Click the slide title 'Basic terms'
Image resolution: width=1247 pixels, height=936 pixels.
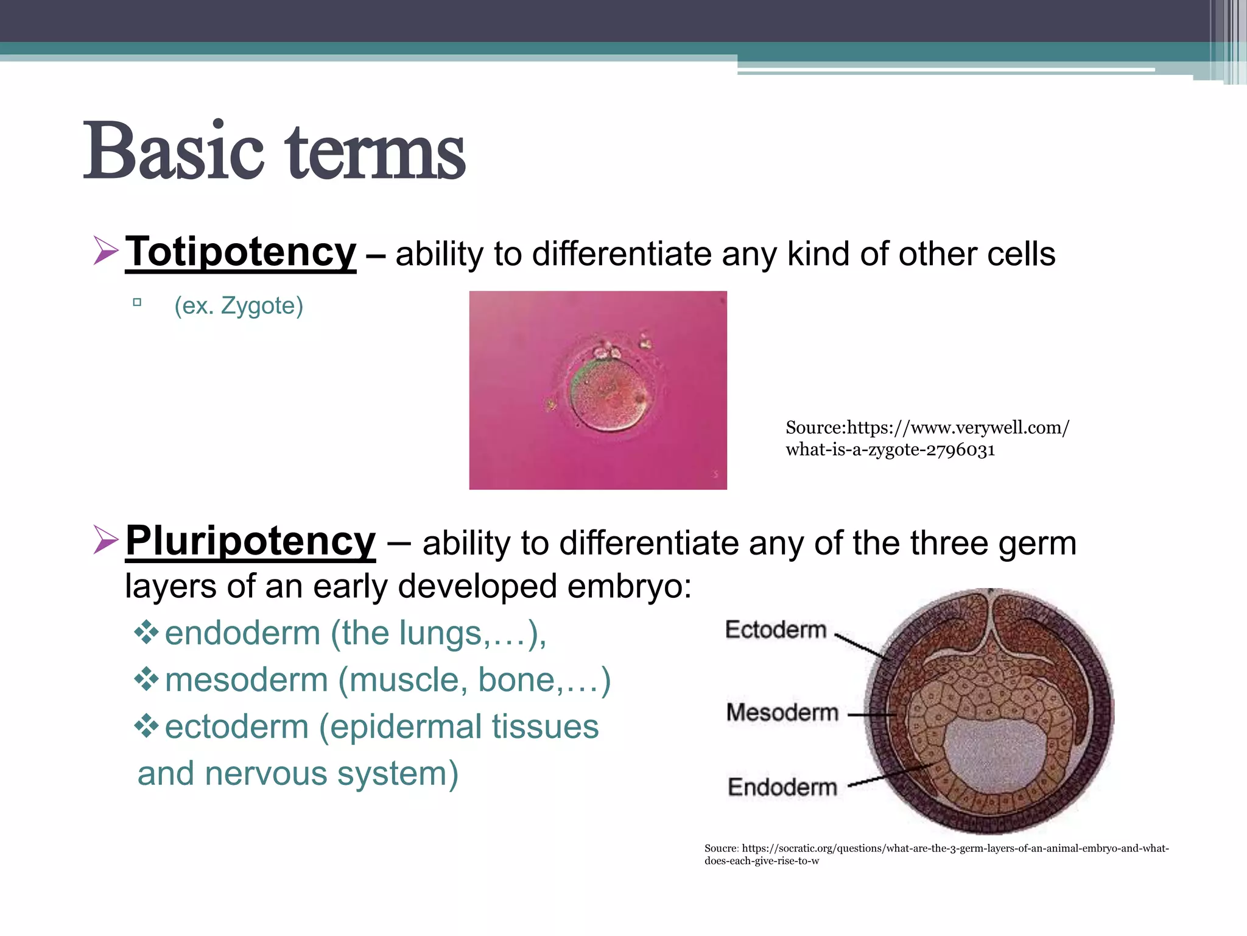click(274, 151)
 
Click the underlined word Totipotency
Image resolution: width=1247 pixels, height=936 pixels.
click(241, 252)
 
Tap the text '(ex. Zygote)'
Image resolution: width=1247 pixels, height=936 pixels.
click(238, 305)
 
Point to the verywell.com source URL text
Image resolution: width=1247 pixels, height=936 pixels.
click(927, 438)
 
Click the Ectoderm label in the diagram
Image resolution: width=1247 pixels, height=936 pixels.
click(775, 629)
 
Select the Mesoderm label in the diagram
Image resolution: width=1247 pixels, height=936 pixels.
click(782, 712)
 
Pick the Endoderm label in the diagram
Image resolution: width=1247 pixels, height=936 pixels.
click(782, 787)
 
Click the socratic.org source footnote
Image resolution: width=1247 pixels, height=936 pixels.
click(936, 854)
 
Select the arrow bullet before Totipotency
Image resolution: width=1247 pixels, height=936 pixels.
click(106, 251)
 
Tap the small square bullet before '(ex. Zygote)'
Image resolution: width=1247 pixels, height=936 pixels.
click(137, 302)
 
